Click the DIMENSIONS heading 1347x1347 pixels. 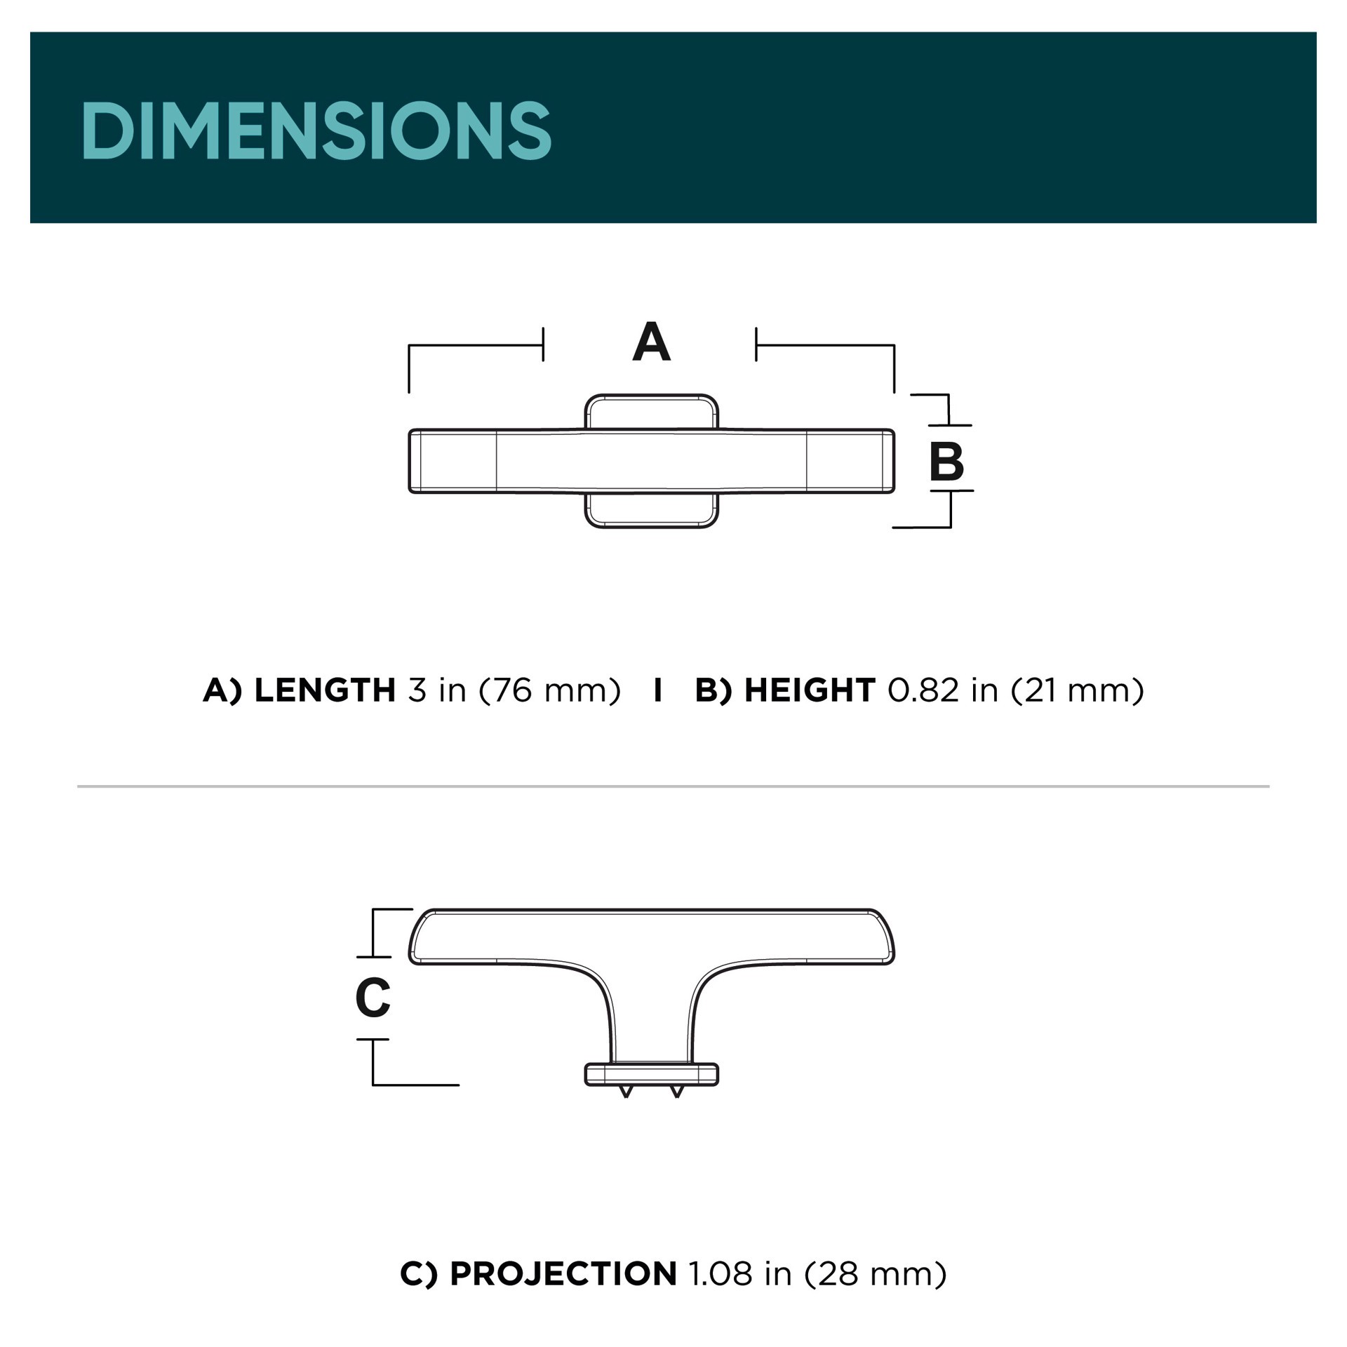316,130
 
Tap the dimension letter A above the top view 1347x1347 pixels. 651,342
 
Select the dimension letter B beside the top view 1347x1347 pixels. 946,461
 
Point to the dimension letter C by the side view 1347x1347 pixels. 373,997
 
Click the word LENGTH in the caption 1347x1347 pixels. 325,690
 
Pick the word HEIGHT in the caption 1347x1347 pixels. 810,690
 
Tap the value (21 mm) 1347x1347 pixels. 1078,690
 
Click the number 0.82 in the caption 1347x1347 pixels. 923,690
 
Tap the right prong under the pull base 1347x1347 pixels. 677,1091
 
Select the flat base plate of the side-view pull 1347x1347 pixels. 651,1074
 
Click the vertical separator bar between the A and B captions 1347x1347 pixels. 657,690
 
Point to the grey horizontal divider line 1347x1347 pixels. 673,786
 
